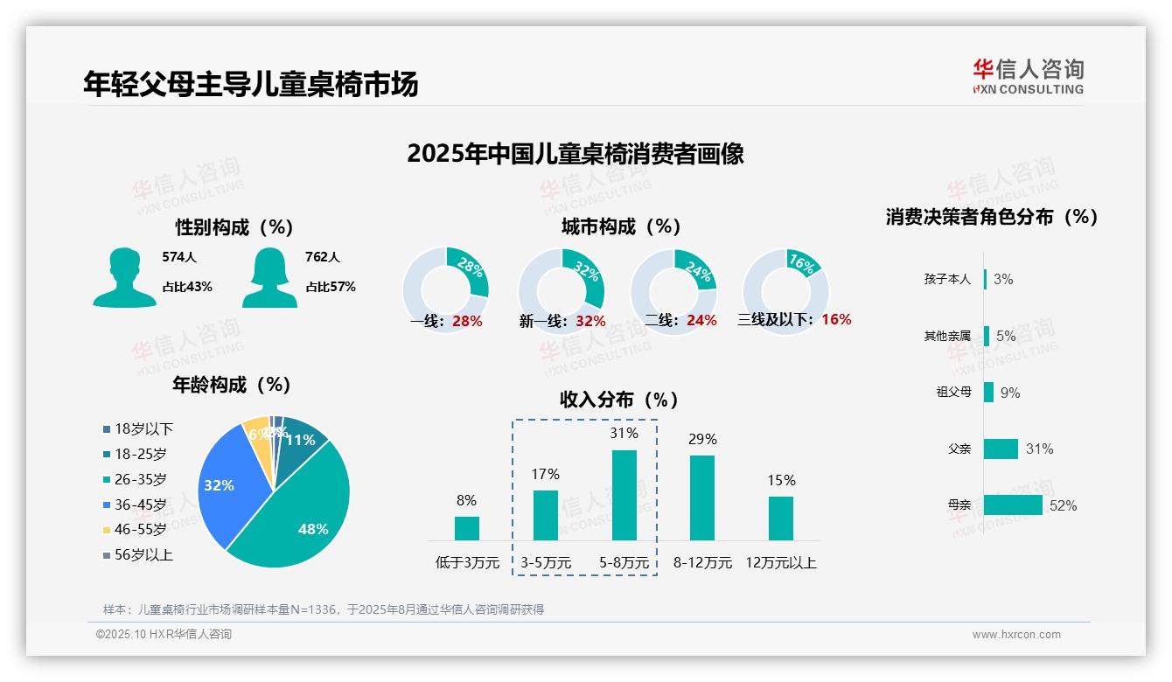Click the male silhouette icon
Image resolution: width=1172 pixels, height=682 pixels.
[x=124, y=278]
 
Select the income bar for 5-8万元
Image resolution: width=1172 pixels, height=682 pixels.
[x=624, y=495]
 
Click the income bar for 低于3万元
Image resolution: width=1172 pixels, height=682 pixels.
[x=466, y=528]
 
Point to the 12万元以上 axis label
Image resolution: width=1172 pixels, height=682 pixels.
[x=780, y=563]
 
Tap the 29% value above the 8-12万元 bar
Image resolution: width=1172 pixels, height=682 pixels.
[x=702, y=439]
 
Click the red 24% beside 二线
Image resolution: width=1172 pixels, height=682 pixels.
[x=701, y=321]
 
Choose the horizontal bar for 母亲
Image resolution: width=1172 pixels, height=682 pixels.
[x=1013, y=505]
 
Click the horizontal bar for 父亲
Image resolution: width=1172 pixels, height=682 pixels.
[x=1001, y=449]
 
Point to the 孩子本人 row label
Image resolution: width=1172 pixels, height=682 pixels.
[x=947, y=279]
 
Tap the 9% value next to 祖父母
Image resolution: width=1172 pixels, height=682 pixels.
[x=1010, y=393]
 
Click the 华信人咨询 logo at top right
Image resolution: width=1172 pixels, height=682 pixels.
[x=1028, y=76]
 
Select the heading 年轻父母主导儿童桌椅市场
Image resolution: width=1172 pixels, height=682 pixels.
[x=251, y=83]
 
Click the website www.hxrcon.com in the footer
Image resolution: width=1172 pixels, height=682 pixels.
[x=1015, y=635]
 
